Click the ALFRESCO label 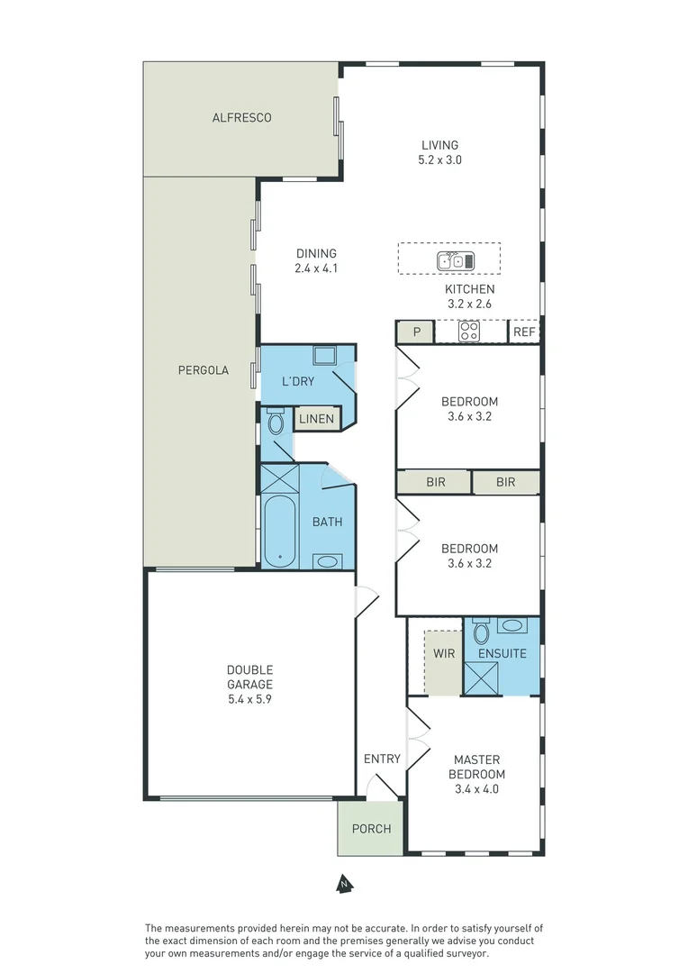coord(241,118)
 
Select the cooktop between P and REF coord(469,332)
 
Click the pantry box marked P coord(416,332)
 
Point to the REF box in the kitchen coord(524,332)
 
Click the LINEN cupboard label coord(316,419)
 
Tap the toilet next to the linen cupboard coord(276,422)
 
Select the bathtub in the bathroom coord(280,532)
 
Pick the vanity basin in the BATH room coord(326,561)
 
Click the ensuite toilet coord(481,632)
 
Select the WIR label coord(443,653)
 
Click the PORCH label coord(371,828)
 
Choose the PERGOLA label coord(203,370)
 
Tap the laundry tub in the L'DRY coord(323,354)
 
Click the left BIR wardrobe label coord(435,483)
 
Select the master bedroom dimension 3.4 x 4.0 coord(476,789)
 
